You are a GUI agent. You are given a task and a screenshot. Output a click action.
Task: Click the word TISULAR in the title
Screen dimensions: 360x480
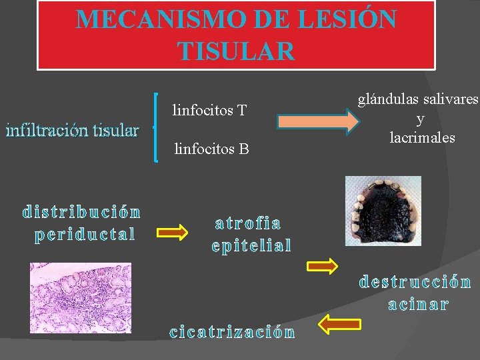coord(236,51)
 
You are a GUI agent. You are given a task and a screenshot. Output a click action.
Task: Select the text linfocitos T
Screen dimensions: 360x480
coord(209,109)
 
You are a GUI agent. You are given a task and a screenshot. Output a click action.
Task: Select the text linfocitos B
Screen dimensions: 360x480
coord(211,149)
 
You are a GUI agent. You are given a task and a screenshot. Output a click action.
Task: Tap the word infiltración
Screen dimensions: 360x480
coord(41,130)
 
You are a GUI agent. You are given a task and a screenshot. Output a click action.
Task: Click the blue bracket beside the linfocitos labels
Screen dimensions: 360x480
coord(156,127)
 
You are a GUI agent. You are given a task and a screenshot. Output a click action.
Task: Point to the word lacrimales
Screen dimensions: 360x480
coord(422,138)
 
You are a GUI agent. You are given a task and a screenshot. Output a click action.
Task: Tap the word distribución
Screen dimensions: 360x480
coord(81,213)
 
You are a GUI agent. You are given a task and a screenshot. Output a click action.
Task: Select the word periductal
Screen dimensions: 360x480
coord(85,235)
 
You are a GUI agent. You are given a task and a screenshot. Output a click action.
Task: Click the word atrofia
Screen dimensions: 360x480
coord(248,223)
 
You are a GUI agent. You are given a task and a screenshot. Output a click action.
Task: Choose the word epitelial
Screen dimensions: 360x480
coord(251,246)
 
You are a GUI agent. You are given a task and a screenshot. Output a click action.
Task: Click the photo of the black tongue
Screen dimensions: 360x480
coord(383,209)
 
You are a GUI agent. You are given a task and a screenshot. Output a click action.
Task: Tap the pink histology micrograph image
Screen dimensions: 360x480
coord(80,297)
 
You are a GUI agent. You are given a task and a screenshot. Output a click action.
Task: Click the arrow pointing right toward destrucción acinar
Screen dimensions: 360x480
coord(322,267)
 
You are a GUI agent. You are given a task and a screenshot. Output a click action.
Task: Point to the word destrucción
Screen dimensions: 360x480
coord(415,282)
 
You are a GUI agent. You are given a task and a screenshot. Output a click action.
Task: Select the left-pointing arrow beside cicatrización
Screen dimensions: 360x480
coord(339,325)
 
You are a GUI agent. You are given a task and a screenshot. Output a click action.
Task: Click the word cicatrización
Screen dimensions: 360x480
coord(232,332)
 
